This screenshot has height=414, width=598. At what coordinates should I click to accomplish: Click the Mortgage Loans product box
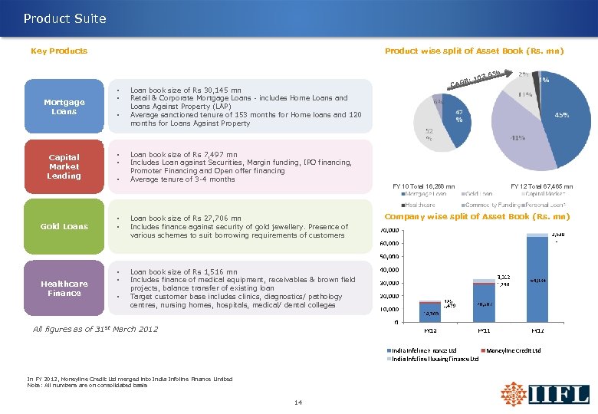coord(64,107)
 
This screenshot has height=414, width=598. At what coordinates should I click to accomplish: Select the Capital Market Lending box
coord(64,166)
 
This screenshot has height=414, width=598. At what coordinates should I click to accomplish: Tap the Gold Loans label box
coord(64,226)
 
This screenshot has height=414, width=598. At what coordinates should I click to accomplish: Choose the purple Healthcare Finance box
coord(64,288)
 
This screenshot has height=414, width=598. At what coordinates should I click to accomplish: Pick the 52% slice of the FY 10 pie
coord(429,130)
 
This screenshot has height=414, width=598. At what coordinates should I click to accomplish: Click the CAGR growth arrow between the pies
coord(475,79)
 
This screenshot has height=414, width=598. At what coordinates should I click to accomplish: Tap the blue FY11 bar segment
coord(484,303)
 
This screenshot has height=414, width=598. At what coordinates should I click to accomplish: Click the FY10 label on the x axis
coord(432,330)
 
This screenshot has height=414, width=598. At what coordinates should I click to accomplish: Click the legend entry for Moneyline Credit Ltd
coord(514,350)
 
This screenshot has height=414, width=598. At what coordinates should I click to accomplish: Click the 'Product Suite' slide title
coord(65,18)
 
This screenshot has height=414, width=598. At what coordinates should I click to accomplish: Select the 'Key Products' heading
coord(59,51)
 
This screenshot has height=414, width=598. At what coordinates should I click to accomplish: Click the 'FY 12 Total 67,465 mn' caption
coord(541,186)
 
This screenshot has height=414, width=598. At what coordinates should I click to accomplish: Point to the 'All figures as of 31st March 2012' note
coord(96,330)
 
